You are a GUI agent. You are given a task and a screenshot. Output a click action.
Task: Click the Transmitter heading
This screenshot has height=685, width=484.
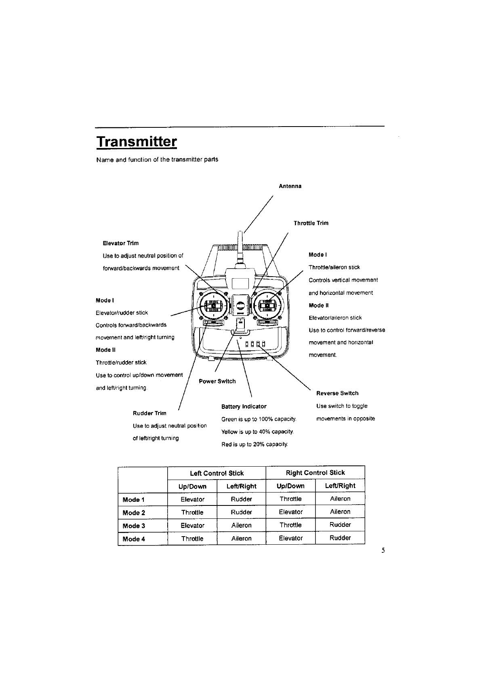tap(137, 142)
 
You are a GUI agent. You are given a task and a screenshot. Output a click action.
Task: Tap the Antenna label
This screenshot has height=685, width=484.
tap(290, 186)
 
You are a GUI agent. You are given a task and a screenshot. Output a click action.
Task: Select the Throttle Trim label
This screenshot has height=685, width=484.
tap(311, 223)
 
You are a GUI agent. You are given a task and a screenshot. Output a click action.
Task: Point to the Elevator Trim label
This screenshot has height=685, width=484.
tap(121, 243)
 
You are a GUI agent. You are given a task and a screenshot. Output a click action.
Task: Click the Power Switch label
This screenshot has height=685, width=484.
tap(217, 381)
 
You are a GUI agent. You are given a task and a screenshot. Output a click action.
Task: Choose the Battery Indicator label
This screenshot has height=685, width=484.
tap(244, 406)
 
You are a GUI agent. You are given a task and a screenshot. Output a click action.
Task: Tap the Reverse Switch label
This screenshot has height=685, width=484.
tap(337, 393)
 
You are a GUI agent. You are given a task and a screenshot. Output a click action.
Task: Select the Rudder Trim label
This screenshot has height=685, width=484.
tap(149, 413)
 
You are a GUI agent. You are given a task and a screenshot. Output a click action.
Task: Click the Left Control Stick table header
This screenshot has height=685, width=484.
tap(217, 473)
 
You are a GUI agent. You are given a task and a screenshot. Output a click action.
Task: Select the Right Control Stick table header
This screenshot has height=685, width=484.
tap(315, 473)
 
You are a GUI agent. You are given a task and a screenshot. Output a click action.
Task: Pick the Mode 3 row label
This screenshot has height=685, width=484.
tap(134, 526)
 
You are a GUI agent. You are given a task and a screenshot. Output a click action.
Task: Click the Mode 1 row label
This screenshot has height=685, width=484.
tap(133, 500)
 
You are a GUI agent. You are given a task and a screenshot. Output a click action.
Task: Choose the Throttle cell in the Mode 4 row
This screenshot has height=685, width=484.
tap(192, 539)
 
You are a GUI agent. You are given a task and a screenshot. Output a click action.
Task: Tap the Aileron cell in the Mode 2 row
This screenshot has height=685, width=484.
tap(340, 512)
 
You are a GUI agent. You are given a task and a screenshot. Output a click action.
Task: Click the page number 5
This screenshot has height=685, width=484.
tap(383, 550)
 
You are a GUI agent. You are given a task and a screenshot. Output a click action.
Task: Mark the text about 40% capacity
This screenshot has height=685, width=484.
tap(257, 432)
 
